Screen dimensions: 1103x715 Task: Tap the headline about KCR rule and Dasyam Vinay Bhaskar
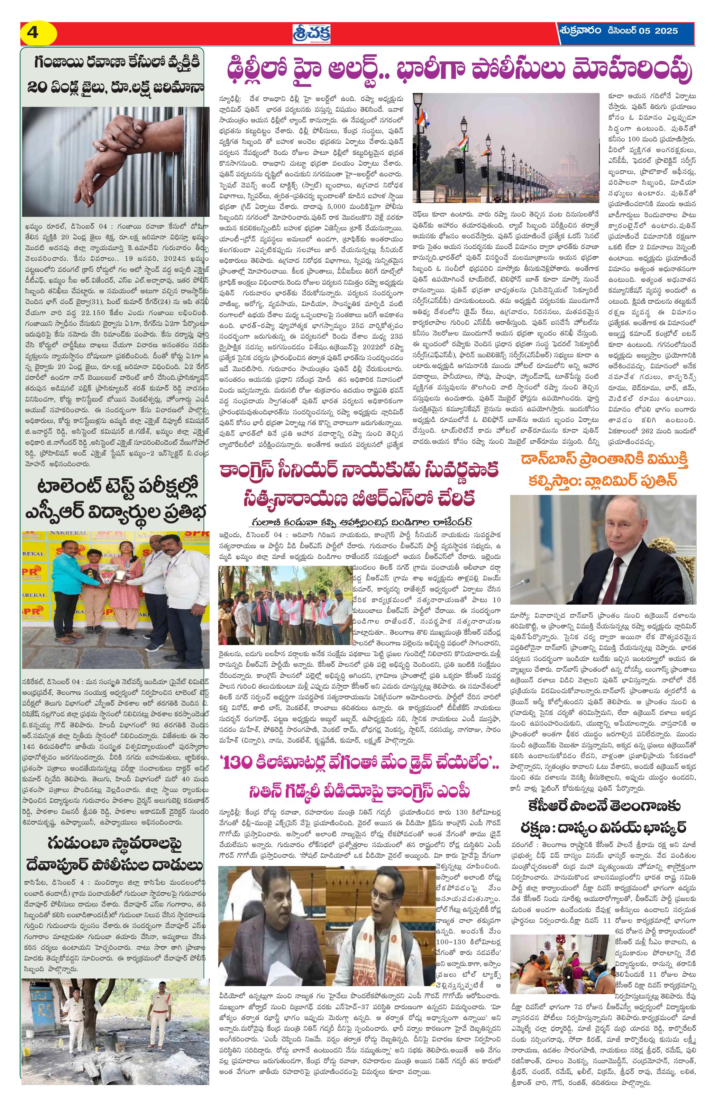(x=602, y=818)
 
